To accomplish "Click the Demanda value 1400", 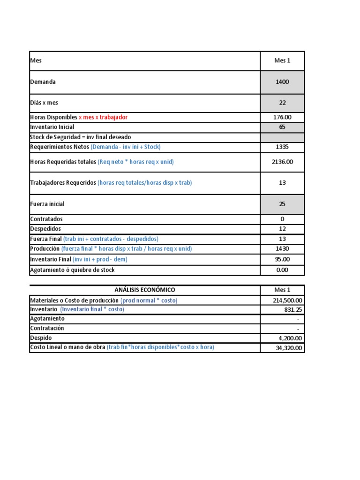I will coord(282,82).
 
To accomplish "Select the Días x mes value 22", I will coord(282,103).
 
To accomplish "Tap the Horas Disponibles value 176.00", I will coord(282,117).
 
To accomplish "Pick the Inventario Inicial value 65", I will coord(282,127).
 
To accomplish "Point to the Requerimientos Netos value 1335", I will coord(282,147).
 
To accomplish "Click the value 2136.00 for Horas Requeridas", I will coord(282,162).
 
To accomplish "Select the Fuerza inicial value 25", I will coord(282,204).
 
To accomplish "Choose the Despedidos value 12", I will coord(282,229).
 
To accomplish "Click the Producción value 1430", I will coord(282,249).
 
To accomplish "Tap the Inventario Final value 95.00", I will coord(282,259).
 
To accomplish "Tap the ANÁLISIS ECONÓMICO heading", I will coord(145,290).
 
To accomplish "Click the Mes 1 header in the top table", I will coord(282,61).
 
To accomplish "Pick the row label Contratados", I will coord(46,219).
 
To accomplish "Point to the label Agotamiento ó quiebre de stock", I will coord(72,270).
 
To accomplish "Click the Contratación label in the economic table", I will coord(47,328).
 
